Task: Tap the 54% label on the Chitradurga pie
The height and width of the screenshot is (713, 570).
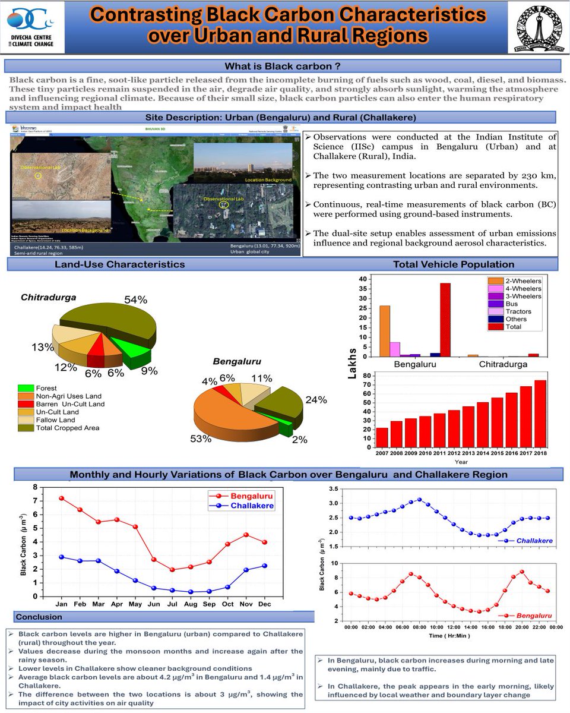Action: click(135, 300)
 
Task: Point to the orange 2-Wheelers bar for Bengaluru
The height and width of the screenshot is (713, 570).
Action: click(385, 331)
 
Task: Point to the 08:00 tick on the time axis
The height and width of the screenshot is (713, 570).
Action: click(420, 627)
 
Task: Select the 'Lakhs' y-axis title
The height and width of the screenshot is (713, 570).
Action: click(351, 363)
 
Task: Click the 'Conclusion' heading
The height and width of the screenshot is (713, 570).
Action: click(39, 617)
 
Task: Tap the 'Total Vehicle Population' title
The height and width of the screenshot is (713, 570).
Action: click(454, 264)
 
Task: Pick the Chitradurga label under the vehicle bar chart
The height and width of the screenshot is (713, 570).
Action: click(505, 364)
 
